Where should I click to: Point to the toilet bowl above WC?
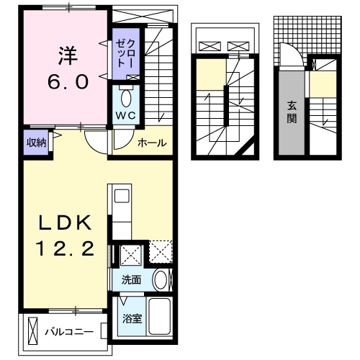127,96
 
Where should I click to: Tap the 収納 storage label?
37,141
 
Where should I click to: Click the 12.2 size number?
66,250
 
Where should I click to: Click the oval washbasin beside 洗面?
162,281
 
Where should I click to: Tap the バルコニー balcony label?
68,333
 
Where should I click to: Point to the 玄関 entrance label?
292,112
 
